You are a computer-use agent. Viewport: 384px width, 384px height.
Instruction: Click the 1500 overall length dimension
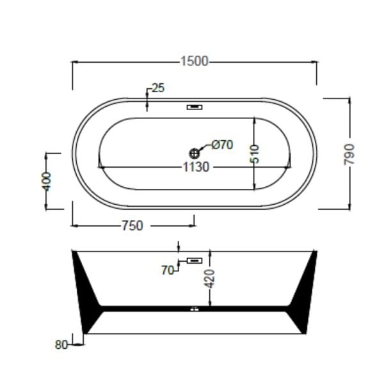(195, 61)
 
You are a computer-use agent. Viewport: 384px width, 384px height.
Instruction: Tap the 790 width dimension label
(349, 154)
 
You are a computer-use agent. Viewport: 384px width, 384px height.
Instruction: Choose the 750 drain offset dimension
(131, 225)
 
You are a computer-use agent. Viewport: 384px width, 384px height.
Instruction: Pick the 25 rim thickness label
(158, 88)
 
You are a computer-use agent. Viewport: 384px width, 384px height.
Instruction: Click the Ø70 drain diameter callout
(221, 145)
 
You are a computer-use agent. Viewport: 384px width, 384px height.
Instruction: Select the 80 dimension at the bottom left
(61, 344)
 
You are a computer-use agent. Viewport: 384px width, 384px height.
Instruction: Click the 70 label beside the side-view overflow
(168, 270)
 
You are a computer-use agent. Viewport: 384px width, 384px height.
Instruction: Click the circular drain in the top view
(195, 153)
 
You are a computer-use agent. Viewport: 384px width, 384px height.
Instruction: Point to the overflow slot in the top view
(195, 107)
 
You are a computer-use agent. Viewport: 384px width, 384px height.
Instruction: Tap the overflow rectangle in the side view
(195, 261)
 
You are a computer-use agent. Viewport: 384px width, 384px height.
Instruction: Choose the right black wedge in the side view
(303, 288)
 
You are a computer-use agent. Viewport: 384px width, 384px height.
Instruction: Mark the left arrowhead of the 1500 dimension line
(73, 61)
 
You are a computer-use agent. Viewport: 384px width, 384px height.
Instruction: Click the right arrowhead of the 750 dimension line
(193, 225)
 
